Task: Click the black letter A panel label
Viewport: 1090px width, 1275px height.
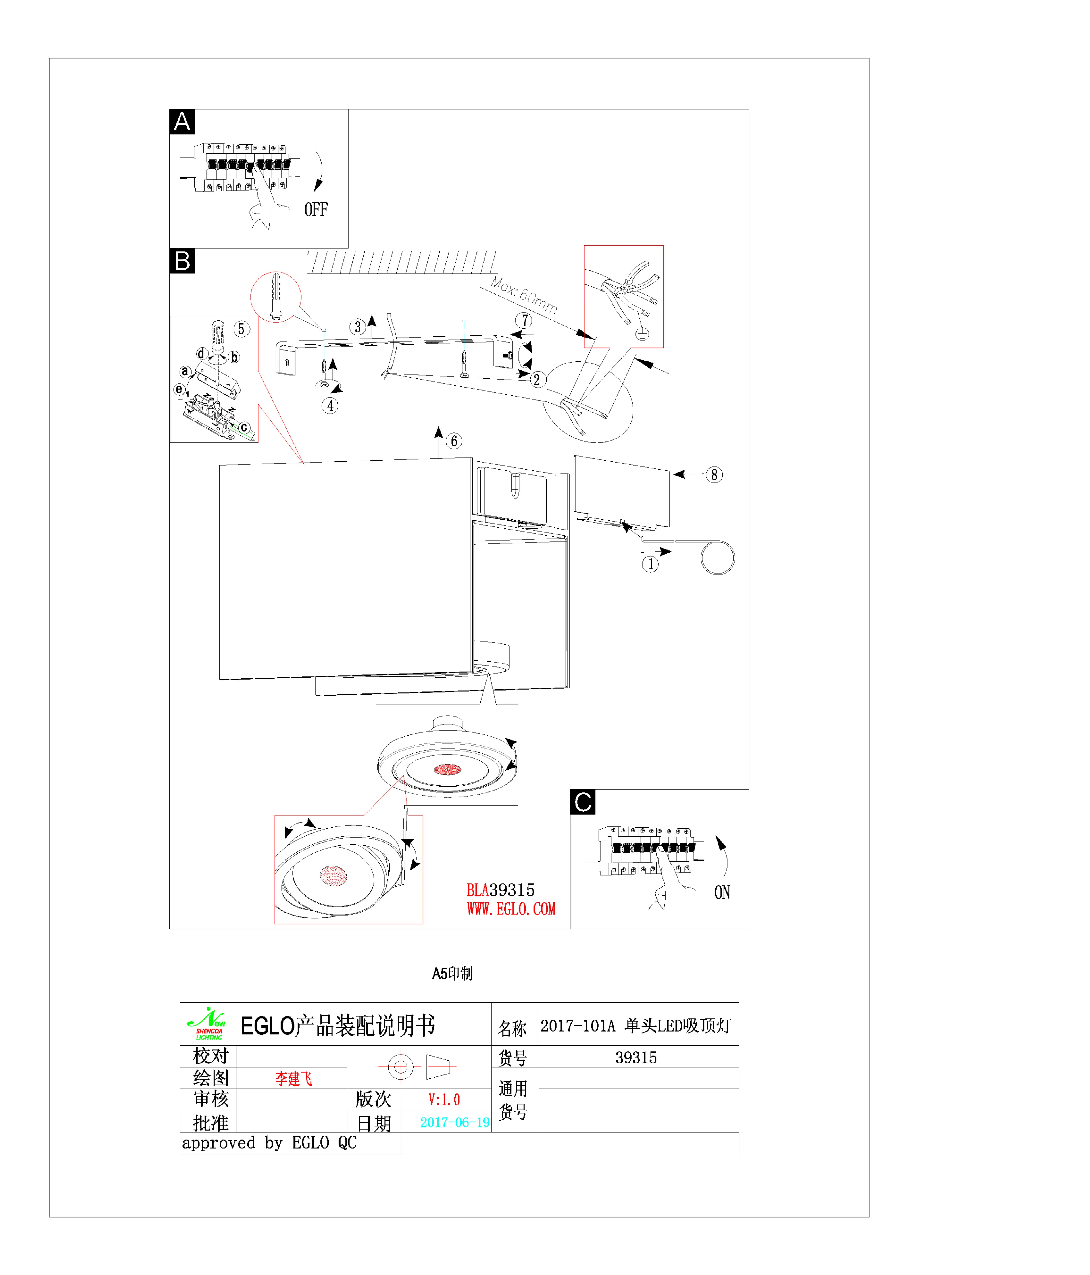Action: tap(182, 122)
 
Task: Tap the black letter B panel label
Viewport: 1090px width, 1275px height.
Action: tap(182, 261)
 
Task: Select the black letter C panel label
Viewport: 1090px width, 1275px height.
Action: tap(582, 802)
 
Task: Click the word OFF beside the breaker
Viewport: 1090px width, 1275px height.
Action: tap(316, 210)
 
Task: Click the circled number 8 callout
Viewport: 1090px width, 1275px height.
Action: tap(714, 474)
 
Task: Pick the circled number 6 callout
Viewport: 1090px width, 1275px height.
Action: tap(454, 441)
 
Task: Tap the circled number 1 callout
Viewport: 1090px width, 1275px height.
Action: tap(650, 564)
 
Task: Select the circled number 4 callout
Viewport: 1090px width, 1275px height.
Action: tap(330, 405)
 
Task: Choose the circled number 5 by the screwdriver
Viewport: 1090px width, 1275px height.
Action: tap(241, 329)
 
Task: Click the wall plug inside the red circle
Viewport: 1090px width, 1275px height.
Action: tap(276, 296)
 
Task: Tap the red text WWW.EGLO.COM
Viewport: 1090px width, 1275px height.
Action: tap(511, 909)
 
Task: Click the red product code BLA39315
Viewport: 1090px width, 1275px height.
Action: tap(500, 890)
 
